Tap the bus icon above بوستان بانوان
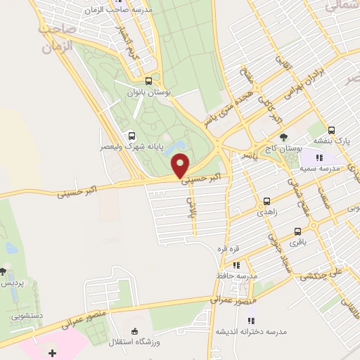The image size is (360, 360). click(148, 81)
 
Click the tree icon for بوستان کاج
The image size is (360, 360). click(283, 137)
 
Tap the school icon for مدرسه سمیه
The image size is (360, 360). click(319, 157)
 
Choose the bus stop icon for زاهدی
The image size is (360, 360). click(266, 200)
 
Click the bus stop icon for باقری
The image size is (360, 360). click(297, 231)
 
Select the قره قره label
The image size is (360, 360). click(233, 249)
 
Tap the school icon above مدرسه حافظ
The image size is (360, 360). click(237, 265)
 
